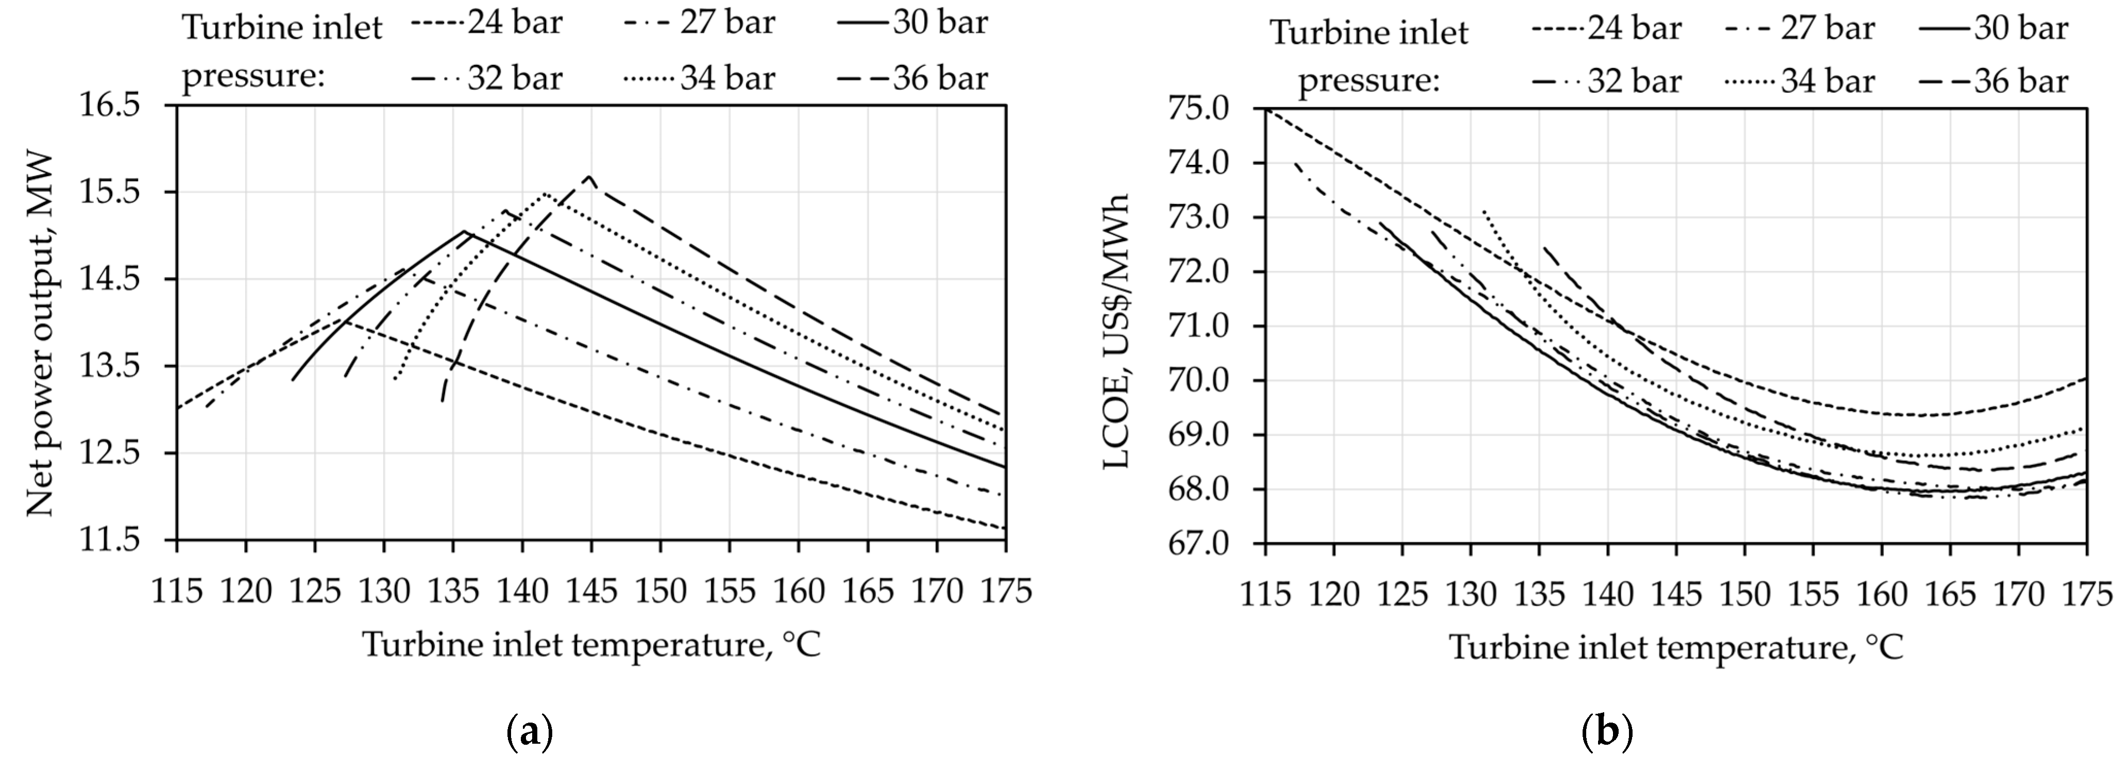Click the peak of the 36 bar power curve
tap(589, 176)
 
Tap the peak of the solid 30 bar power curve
tap(464, 231)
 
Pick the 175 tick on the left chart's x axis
tap(1006, 591)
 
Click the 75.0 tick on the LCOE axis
tap(1208, 109)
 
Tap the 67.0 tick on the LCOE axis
tap(1208, 544)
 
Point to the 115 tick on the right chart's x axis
tap(1266, 593)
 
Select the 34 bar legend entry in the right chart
tap(1799, 81)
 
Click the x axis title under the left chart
tap(592, 645)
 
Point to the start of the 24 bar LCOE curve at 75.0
tap(1267, 109)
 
